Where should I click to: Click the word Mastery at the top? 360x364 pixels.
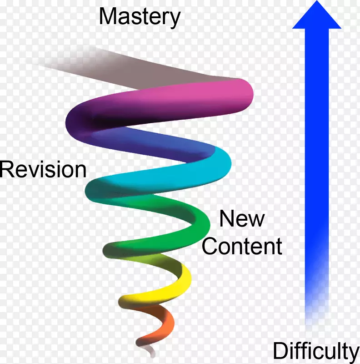tap(140, 17)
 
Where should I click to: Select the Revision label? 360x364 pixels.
tap(43, 170)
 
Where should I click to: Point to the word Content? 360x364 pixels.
tap(242, 247)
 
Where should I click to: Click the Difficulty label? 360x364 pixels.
tap(316, 351)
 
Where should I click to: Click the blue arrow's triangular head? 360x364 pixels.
tap(316, 16)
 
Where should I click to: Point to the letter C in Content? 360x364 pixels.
tap(210, 247)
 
